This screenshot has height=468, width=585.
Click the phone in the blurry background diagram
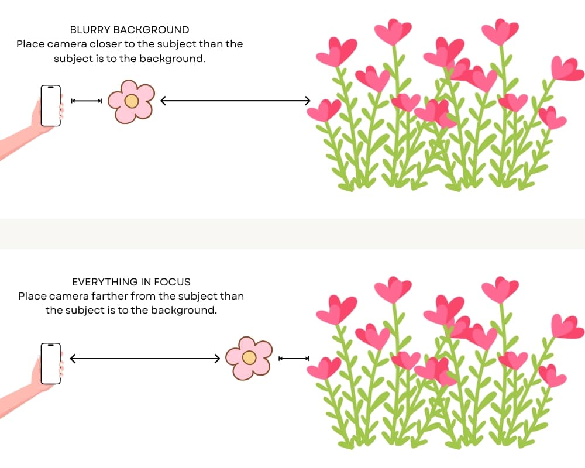coord(51,105)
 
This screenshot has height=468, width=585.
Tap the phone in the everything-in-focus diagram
coord(51,363)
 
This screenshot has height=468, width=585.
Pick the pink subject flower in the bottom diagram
coord(249,358)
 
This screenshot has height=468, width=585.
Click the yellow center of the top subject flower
coord(132,101)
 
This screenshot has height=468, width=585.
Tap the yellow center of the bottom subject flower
coord(249,357)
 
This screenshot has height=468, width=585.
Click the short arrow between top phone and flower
coord(87,101)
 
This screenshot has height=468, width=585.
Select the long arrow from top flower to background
coord(235,101)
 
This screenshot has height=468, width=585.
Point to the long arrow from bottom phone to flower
coord(144,357)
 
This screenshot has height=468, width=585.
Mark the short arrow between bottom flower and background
coord(294,358)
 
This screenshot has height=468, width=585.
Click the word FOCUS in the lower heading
coord(174,282)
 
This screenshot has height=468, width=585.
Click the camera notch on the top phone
coord(51,88)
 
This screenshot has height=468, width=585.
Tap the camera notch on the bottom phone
coord(51,346)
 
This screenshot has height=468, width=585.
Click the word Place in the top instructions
coord(29,44)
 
